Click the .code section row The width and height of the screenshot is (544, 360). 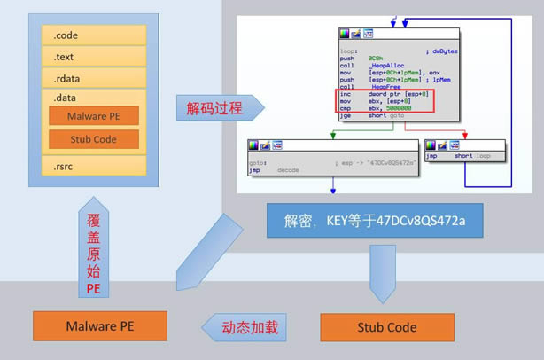coord(93,36)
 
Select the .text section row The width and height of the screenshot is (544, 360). coord(93,58)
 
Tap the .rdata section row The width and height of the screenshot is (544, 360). coord(93,79)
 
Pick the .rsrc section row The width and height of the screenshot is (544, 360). coord(93,166)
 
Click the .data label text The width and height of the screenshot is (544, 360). coord(65,98)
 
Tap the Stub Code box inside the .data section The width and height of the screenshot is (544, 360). coord(93,139)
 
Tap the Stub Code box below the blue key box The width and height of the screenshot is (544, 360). coord(386,327)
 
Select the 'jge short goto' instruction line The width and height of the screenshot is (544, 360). coord(377,115)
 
